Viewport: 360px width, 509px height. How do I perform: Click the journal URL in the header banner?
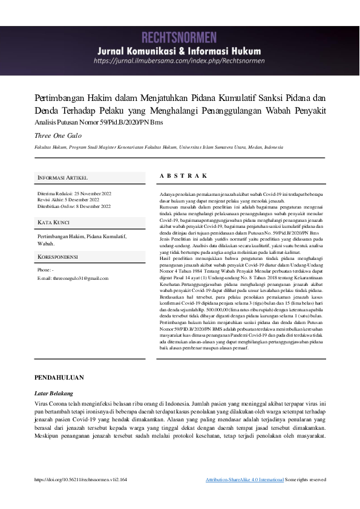pos(179,61)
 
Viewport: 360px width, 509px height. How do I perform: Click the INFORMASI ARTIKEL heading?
pos(62,178)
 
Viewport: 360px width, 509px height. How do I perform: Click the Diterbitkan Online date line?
pos(74,207)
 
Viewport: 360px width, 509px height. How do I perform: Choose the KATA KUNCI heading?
pos(54,223)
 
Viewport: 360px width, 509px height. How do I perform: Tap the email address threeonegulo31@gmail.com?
pos(80,278)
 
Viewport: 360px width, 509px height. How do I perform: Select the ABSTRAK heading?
pos(183,175)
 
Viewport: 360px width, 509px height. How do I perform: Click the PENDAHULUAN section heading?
pos(59,377)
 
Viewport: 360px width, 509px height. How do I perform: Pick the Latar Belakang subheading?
pos(53,392)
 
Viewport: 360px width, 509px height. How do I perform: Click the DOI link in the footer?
pos(81,479)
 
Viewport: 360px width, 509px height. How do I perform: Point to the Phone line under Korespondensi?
pos(46,270)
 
